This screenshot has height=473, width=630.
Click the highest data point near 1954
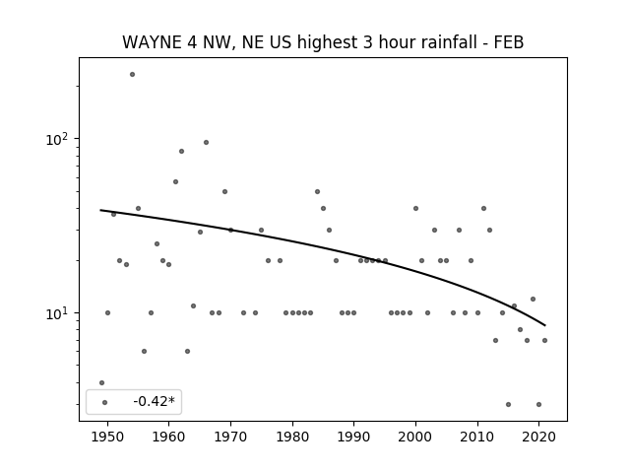coord(132,75)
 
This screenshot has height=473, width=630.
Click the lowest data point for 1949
coord(101,383)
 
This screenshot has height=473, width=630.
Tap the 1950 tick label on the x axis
coord(107,437)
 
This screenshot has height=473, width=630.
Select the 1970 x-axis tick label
coord(230,437)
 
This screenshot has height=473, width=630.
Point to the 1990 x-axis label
coord(354,437)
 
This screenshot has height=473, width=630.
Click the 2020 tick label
coord(538,437)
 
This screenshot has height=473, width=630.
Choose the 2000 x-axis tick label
coord(415,437)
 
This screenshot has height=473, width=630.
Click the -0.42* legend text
coord(155,401)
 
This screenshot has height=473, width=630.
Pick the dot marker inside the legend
coord(105,402)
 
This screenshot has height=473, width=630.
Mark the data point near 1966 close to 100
coord(206,142)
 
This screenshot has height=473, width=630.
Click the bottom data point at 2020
coord(538,405)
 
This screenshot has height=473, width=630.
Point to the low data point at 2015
coord(508,405)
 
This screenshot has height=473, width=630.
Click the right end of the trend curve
coord(545,325)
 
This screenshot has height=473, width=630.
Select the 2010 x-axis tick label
coord(477,437)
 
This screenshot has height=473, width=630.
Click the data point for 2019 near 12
coord(534,300)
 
